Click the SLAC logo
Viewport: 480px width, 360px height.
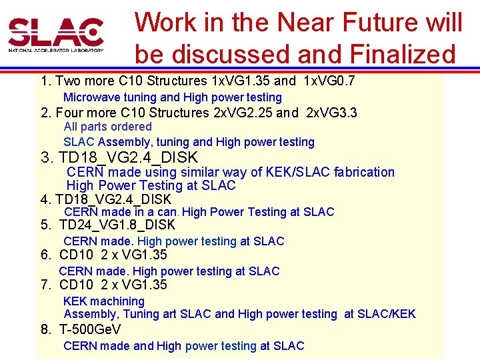click(56, 35)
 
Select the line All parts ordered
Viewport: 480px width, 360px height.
click(107, 127)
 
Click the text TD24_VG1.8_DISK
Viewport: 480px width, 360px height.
click(117, 225)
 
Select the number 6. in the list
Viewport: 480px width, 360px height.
click(46, 255)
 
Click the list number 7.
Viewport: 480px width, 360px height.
click(46, 285)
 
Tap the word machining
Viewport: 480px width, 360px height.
click(118, 301)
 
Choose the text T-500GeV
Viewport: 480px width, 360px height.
click(90, 329)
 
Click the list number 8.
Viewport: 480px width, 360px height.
click(46, 329)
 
